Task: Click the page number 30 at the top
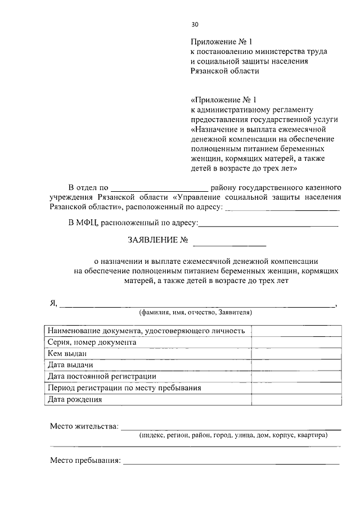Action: pos(195,25)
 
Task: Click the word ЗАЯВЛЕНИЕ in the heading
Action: pos(154,240)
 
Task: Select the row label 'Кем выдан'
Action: pos(67,353)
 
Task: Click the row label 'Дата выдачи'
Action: pos(70,365)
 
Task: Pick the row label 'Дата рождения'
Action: pos(75,400)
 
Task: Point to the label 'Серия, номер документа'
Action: pos(92,342)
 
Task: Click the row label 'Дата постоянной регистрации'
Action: pos(102,376)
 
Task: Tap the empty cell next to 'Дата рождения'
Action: pos(296,400)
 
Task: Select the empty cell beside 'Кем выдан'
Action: pos(296,353)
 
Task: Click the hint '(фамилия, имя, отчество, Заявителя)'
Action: pos(195,312)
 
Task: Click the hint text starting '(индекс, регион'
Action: pos(233,435)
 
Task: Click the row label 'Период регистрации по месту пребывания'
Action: pos(124,388)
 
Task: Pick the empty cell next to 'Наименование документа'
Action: pos(296,330)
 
